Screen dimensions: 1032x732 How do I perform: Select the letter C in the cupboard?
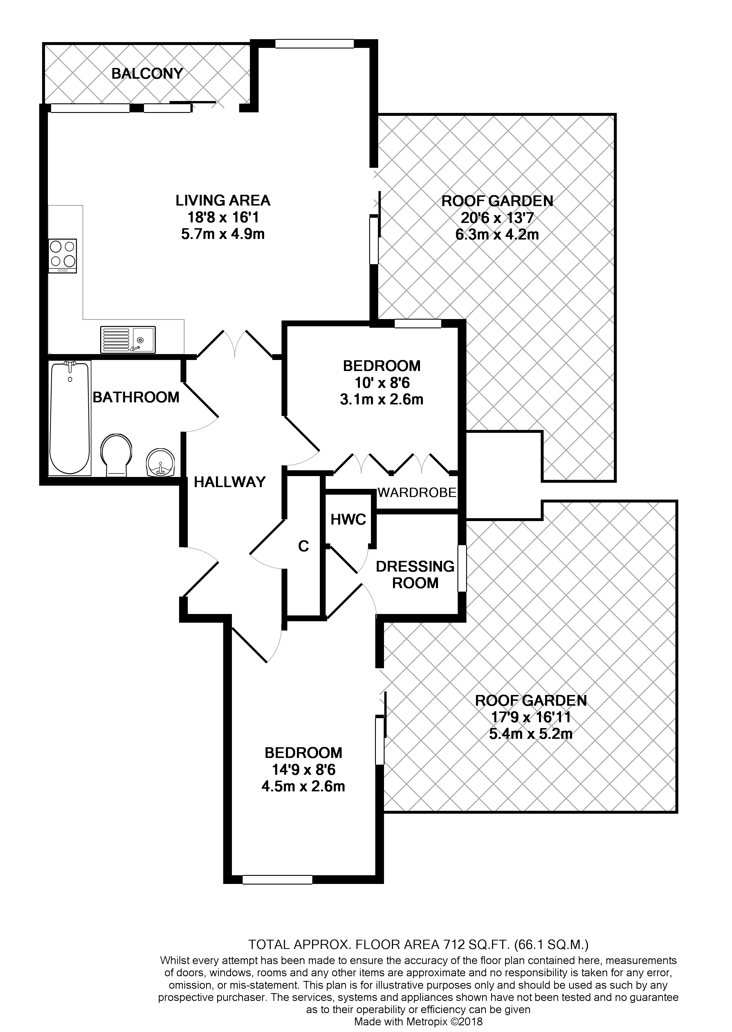pos(303,546)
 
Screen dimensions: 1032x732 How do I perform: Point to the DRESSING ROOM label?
pos(415,574)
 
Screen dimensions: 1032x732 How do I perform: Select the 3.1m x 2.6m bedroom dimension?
pos(381,399)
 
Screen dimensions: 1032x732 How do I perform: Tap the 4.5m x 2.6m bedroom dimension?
pos(303,787)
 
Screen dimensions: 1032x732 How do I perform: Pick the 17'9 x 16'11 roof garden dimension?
pos(531,716)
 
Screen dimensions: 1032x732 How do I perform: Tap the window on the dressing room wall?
pos(462,568)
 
